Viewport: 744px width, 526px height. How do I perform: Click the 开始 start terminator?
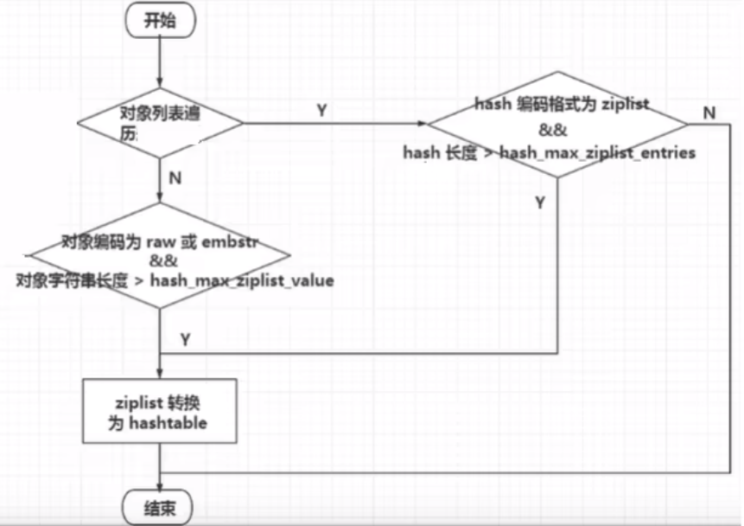pyautogui.click(x=160, y=21)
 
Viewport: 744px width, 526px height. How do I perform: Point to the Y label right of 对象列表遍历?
pyautogui.click(x=322, y=111)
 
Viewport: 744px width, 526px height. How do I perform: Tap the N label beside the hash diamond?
pyautogui.click(x=709, y=112)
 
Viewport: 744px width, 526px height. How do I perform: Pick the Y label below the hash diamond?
pyautogui.click(x=541, y=203)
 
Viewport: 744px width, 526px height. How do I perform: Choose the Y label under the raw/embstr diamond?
pyautogui.click(x=185, y=340)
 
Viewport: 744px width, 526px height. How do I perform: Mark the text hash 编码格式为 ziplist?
pyautogui.click(x=562, y=104)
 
